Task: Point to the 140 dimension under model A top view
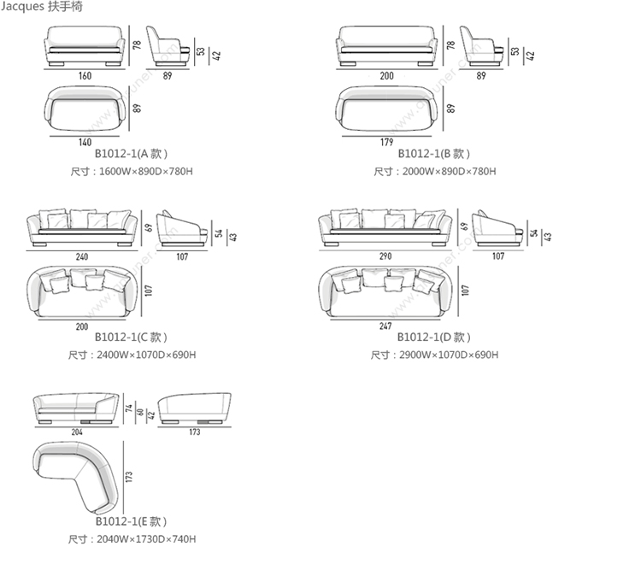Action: click(85, 142)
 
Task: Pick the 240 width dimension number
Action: click(82, 256)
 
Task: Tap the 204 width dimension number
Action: click(76, 432)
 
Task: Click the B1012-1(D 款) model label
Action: click(433, 338)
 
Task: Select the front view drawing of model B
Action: click(387, 46)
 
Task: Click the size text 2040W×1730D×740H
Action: click(132, 539)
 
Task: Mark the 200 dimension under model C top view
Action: click(82, 326)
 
